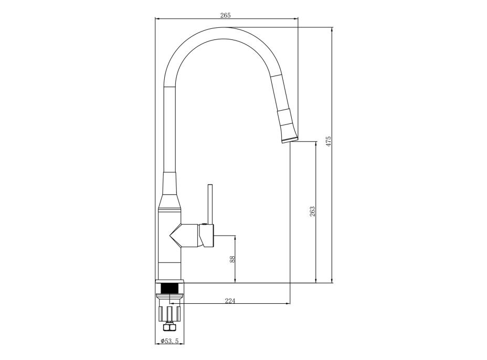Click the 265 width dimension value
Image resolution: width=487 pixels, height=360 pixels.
click(226, 15)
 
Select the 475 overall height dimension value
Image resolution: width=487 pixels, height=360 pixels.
click(329, 141)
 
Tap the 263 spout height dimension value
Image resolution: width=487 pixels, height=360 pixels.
click(312, 211)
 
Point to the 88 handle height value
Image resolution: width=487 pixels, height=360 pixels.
click(232, 259)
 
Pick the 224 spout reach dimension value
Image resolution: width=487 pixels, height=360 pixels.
click(230, 301)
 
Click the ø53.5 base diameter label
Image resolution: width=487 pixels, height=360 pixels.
click(170, 341)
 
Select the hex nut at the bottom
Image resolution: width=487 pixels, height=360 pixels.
click(170, 327)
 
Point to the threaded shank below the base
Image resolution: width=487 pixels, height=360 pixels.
click(170, 289)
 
